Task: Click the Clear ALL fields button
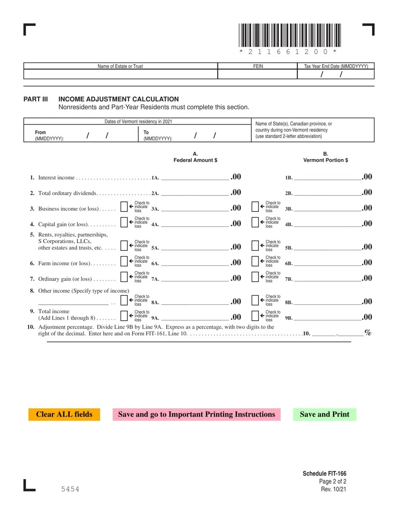click(64, 415)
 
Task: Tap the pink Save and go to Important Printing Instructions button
click(196, 415)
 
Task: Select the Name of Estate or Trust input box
click(121, 74)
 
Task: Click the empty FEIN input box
click(257, 74)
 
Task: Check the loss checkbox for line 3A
click(124, 207)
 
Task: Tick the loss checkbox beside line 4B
click(256, 222)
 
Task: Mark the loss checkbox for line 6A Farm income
click(124, 261)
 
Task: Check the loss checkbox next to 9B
click(256, 316)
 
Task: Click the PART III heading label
click(36, 99)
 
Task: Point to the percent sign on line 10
click(368, 333)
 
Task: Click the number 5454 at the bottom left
click(70, 489)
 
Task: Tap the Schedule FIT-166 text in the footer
click(324, 474)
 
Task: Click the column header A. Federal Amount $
click(195, 157)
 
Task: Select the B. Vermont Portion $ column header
click(326, 157)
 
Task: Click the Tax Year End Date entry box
click(336, 74)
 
